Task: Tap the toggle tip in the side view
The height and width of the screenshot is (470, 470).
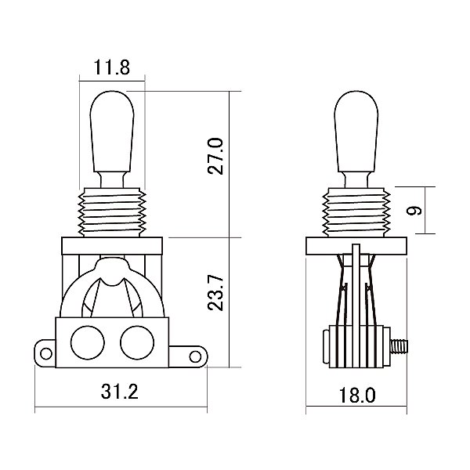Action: [x=357, y=125]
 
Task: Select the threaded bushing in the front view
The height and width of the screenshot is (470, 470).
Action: [x=113, y=211]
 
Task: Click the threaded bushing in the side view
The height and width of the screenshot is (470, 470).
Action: [x=357, y=211]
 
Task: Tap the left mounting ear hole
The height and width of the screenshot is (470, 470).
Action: [x=45, y=353]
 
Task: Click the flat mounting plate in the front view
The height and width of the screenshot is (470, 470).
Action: [x=113, y=246]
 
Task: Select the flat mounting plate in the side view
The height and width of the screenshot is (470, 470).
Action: [x=357, y=246]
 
